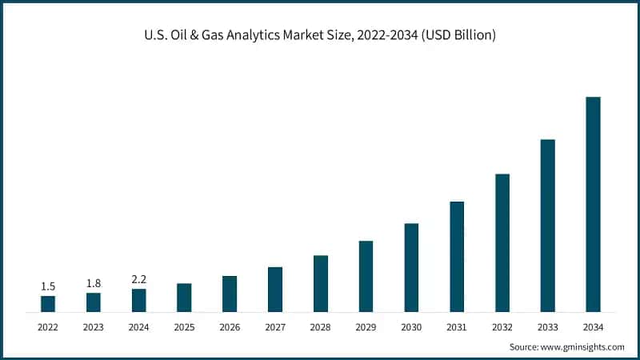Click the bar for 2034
coord(593,204)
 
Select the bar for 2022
coord(48,303)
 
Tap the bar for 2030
coord(411,267)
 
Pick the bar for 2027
coord(275,289)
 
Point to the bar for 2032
coord(502,242)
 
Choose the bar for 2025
coord(184,297)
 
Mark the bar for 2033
coord(547,225)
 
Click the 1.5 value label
coord(48,286)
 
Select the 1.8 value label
coord(94,283)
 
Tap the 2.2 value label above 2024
coord(138,279)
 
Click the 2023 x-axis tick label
coord(94,327)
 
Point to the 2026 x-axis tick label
coord(230,327)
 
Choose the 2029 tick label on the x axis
coord(366,327)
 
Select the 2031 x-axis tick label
coord(457,327)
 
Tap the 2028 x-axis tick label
coord(320,327)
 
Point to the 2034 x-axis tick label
coord(593,327)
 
